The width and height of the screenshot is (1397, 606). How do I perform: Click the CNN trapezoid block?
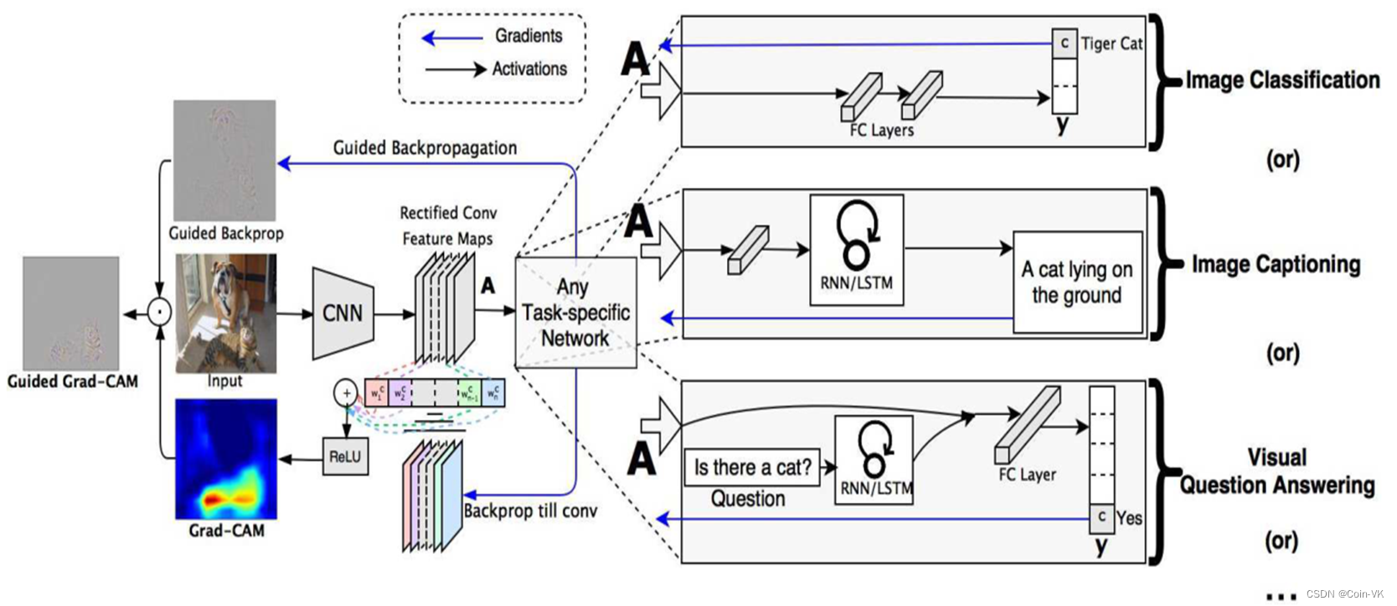point(343,313)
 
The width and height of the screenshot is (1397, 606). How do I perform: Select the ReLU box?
point(345,457)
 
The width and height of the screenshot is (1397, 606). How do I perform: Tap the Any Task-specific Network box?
point(575,313)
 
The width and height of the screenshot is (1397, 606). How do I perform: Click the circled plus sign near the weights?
point(346,392)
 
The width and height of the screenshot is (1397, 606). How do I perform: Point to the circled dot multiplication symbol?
point(159,313)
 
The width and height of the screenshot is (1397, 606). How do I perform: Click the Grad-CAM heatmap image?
point(225,458)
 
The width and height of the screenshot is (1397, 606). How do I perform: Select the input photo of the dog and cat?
point(225,313)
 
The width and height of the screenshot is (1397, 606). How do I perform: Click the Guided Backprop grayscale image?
point(224,160)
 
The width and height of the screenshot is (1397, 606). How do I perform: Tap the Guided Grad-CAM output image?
point(70,313)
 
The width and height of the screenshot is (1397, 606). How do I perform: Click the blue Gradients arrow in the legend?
point(451,38)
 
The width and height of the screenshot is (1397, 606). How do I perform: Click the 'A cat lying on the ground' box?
point(1077,282)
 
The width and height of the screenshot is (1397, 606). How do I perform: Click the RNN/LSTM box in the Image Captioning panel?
point(856,249)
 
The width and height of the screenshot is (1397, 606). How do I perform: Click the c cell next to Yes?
point(1101,517)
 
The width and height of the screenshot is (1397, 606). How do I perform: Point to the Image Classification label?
point(1282,80)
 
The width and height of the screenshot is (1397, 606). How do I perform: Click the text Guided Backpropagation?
point(425,148)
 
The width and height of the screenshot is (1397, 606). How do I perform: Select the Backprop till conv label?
point(530,510)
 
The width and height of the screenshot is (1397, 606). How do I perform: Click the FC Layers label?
point(881,131)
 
